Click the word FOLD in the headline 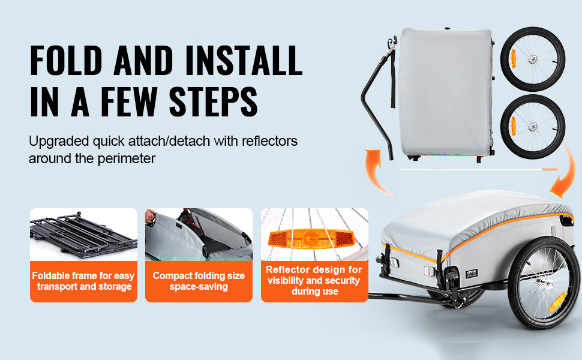65,61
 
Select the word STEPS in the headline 213,101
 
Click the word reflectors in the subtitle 269,141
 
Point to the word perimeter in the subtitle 126,159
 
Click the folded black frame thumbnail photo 83,235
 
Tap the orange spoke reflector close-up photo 314,235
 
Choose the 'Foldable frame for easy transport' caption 83,281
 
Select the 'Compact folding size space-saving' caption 199,281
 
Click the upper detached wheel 533,59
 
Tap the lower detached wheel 533,127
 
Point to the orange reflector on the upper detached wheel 514,58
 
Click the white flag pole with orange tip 479,170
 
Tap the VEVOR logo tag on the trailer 472,274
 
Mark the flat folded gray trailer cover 445,93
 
